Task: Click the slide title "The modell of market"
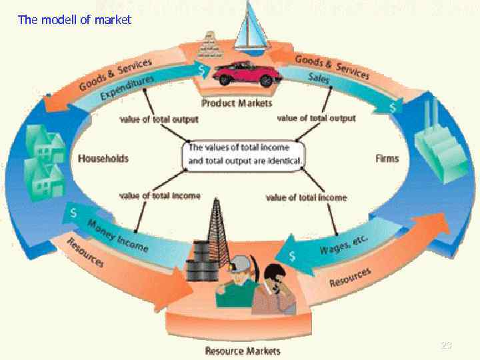pyautogui.click(x=75, y=20)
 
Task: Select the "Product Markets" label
pyautogui.click(x=237, y=103)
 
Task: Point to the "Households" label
pyautogui.click(x=103, y=159)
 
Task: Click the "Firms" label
pyautogui.click(x=387, y=159)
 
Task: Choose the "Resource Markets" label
pyautogui.click(x=243, y=351)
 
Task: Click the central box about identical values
pyautogui.click(x=246, y=154)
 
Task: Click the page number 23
pyautogui.click(x=446, y=345)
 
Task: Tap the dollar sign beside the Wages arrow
pyautogui.click(x=292, y=255)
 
